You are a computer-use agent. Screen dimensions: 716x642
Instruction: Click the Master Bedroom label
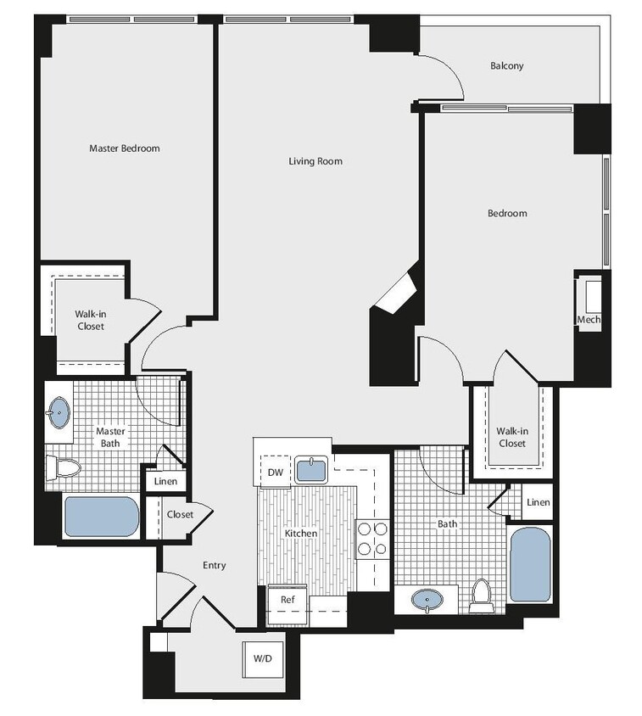125,148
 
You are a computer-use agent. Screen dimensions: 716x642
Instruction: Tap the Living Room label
315,161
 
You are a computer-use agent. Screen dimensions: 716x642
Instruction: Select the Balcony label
507,66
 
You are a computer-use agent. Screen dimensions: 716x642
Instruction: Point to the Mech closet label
589,320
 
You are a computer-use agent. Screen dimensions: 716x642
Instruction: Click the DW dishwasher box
275,472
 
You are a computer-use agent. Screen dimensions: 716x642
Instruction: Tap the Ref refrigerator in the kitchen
287,599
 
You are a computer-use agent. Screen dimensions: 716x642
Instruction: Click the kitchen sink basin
311,469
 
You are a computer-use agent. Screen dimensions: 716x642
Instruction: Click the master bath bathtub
102,517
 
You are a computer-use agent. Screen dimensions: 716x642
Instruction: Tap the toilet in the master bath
63,467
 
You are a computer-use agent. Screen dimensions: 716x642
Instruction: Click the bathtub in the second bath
531,564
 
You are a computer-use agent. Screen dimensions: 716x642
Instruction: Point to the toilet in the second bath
482,596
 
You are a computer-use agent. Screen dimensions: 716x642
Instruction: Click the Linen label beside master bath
165,482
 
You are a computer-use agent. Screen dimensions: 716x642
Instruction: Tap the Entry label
214,566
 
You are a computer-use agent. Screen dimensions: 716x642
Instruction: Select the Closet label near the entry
180,515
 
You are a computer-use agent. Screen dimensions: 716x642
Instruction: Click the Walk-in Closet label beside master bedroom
91,321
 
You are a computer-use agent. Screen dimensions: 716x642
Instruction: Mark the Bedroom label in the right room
507,214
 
